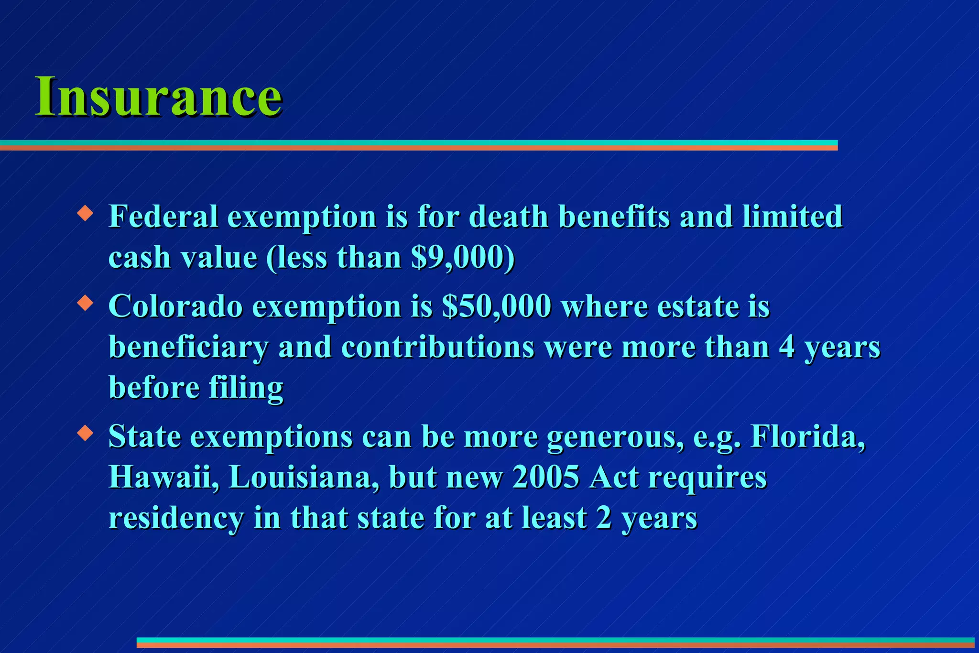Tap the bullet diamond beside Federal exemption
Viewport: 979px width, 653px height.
click(x=85, y=213)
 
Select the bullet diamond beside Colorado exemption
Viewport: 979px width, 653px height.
click(x=85, y=303)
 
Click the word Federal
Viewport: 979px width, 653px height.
click(x=163, y=217)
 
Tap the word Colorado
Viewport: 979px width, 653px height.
click(x=175, y=306)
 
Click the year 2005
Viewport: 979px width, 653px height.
click(x=545, y=477)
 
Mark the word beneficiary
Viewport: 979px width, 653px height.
click(x=189, y=348)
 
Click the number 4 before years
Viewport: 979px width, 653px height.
click(x=786, y=348)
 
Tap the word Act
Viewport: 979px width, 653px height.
click(x=613, y=477)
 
